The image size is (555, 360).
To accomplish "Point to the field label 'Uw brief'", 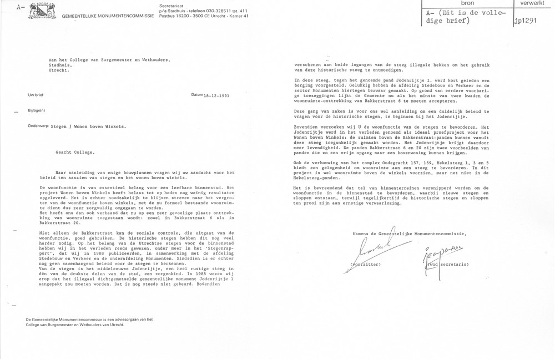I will tap(37, 96).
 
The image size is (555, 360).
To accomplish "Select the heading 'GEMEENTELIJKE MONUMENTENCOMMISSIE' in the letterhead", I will tap(100, 15).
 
